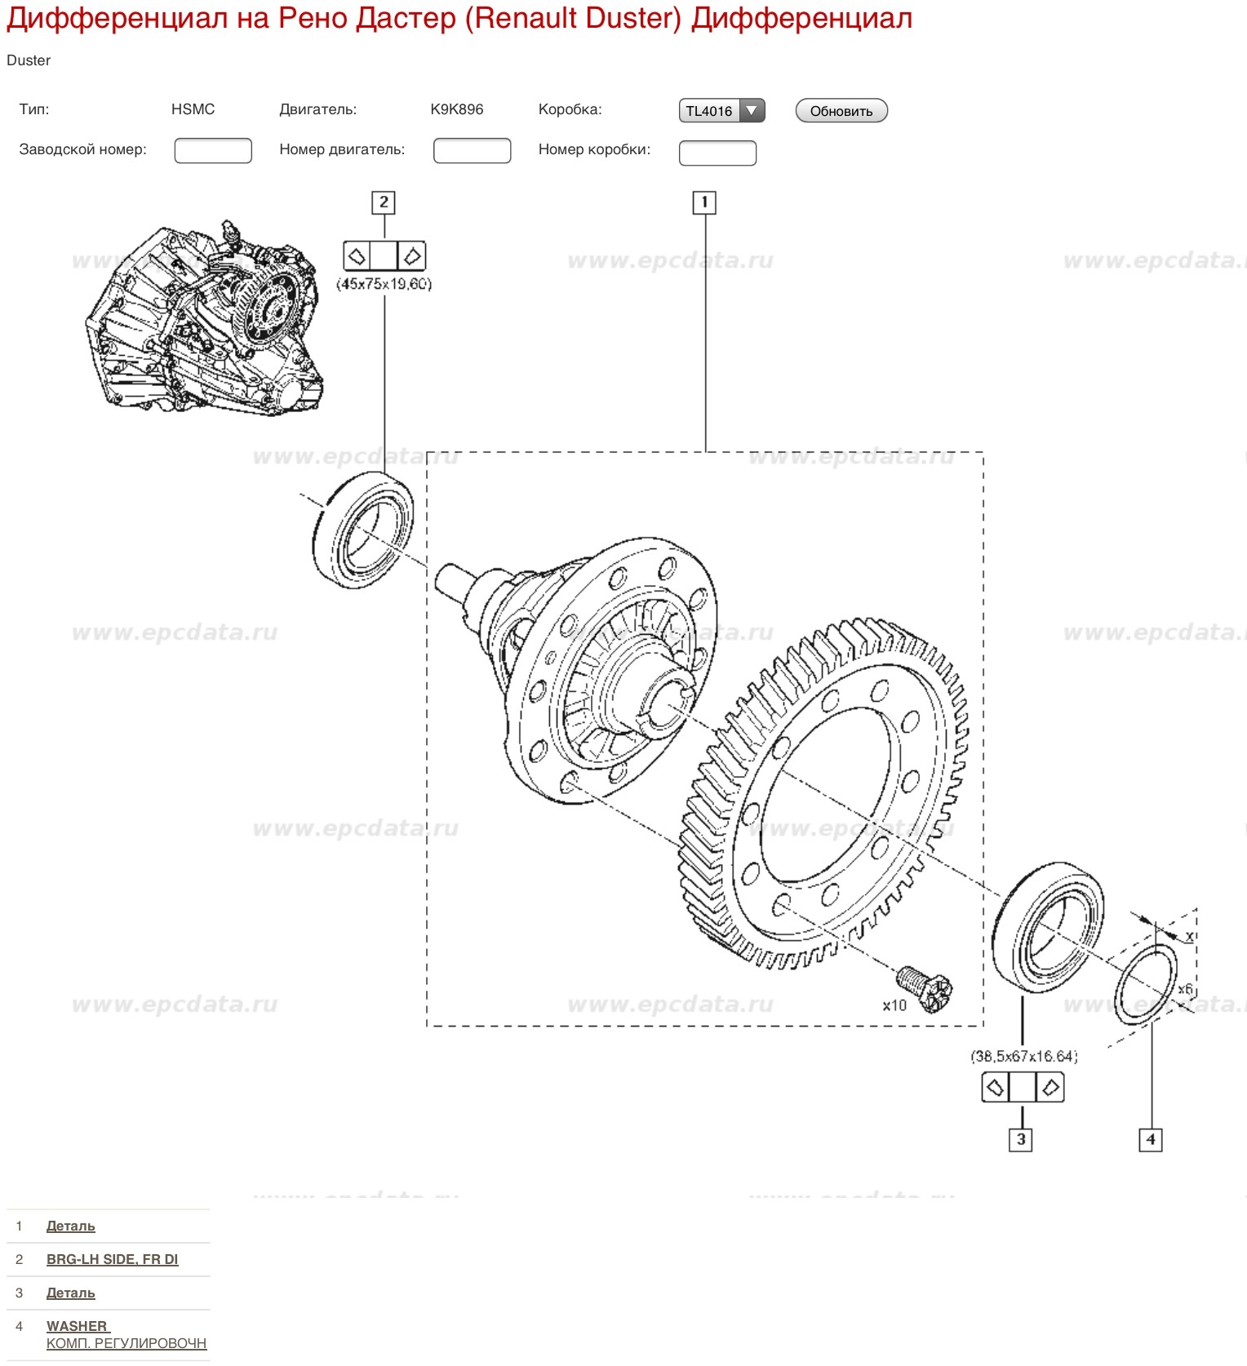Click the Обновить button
point(841,111)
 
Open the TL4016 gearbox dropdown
point(721,111)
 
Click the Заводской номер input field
point(213,151)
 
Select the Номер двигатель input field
point(472,151)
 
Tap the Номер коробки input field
point(717,153)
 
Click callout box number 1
point(704,202)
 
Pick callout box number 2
point(384,202)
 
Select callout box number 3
point(1021,1140)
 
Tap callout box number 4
point(1151,1140)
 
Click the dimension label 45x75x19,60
point(384,284)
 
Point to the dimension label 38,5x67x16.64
point(1024,1057)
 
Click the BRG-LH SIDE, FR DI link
point(112,1259)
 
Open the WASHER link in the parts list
point(78,1326)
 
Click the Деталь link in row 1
point(71,1226)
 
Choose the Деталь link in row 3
point(71,1293)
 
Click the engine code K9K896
point(457,109)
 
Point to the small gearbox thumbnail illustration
point(204,318)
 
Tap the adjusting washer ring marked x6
point(1146,984)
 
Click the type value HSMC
point(193,109)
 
